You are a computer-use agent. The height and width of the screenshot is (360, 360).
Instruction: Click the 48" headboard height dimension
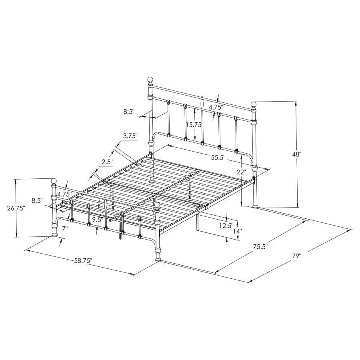[x=297, y=153]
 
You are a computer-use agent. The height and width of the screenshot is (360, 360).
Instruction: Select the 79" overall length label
[x=296, y=256]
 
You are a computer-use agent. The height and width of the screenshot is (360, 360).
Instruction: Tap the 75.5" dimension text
[x=260, y=246]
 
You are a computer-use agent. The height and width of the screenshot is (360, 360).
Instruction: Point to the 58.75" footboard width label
[x=83, y=260]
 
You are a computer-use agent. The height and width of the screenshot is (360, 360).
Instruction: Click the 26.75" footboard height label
[x=16, y=208]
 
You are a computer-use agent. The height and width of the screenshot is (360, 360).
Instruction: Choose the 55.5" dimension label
[x=218, y=157]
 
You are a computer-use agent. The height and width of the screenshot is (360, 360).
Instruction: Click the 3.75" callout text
[x=130, y=136]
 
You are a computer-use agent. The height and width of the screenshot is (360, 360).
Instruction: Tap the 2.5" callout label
[x=107, y=162]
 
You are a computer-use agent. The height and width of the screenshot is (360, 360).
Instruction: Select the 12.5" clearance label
[x=226, y=226]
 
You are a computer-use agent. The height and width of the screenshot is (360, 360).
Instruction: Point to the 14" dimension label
[x=238, y=231]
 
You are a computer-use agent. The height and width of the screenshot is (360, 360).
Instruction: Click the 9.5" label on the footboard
[x=96, y=220]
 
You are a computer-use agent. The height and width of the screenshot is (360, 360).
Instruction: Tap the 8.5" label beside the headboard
[x=128, y=112]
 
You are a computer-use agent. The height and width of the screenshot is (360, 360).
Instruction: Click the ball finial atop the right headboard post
[x=254, y=105]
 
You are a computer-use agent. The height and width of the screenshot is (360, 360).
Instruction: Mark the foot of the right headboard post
[x=255, y=206]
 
